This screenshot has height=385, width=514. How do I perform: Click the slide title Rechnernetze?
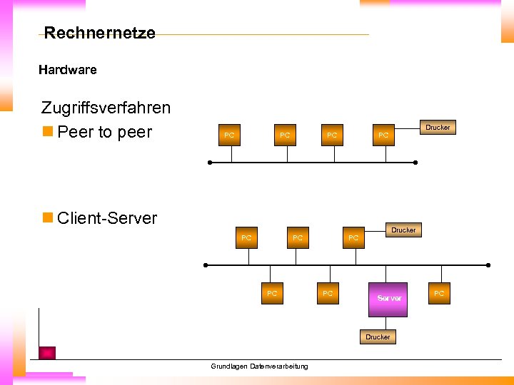(99, 33)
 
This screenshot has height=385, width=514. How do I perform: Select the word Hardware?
(67, 70)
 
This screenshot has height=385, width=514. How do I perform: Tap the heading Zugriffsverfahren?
(106, 108)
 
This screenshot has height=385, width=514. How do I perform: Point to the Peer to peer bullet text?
(104, 133)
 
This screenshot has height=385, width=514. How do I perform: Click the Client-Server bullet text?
(106, 218)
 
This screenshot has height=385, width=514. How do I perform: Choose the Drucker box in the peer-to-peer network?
(438, 128)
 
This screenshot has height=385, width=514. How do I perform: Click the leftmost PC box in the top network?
(229, 135)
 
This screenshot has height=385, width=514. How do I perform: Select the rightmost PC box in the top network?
(383, 135)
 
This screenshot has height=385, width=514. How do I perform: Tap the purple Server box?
(389, 298)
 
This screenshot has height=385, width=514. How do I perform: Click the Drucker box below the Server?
(378, 337)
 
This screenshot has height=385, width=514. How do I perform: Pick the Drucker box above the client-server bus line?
(403, 230)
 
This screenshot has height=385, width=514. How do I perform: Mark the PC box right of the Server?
(439, 294)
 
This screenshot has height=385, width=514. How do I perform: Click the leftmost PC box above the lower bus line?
(246, 237)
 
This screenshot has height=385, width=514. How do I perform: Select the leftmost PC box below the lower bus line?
(272, 294)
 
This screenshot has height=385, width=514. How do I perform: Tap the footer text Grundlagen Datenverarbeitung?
(259, 366)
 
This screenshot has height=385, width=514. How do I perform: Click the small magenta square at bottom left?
(47, 352)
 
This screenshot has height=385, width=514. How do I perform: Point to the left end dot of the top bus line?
(210, 163)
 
